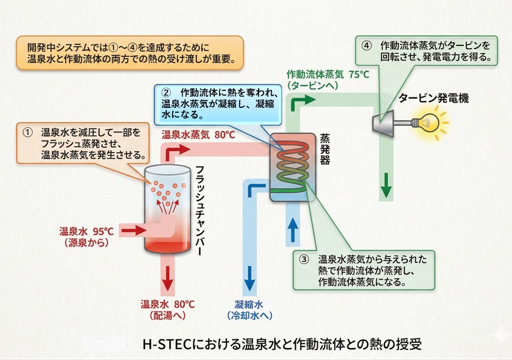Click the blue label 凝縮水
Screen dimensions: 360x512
[x=249, y=304]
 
